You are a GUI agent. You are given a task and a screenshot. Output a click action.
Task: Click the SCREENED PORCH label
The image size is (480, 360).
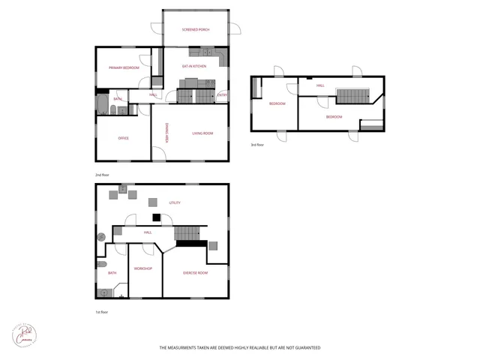point(196,29)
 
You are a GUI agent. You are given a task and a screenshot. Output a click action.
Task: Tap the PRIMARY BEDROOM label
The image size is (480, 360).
point(124,68)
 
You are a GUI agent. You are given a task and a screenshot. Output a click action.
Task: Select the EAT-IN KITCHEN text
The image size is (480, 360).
point(194,67)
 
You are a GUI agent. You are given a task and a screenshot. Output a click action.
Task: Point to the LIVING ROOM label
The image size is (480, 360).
point(202,133)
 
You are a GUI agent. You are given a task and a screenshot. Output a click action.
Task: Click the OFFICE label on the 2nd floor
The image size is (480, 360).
point(124,138)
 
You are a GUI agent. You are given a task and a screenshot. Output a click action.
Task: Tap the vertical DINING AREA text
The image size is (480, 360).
point(166,132)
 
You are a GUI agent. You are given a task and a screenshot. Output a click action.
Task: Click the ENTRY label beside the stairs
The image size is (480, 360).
point(222,95)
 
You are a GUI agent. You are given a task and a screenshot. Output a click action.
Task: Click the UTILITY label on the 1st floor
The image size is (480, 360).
point(175,202)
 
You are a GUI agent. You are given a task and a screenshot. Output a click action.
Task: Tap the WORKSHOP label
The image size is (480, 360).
point(143,268)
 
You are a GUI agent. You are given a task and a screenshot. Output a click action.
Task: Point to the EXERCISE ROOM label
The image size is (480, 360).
point(195,273)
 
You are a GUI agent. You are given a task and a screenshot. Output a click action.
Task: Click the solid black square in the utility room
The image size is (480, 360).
point(156,218)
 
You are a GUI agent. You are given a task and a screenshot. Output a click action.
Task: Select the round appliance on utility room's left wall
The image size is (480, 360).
point(101,237)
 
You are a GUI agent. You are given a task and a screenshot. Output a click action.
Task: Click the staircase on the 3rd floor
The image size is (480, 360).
point(352,94)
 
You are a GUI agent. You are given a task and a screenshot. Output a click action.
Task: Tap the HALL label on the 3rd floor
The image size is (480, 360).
point(320,85)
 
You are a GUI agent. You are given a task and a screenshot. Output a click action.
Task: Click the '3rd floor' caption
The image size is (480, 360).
point(257,145)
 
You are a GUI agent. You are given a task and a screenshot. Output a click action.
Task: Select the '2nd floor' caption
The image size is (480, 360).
point(102,175)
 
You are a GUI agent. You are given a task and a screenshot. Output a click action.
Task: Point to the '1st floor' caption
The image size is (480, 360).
point(102,312)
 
